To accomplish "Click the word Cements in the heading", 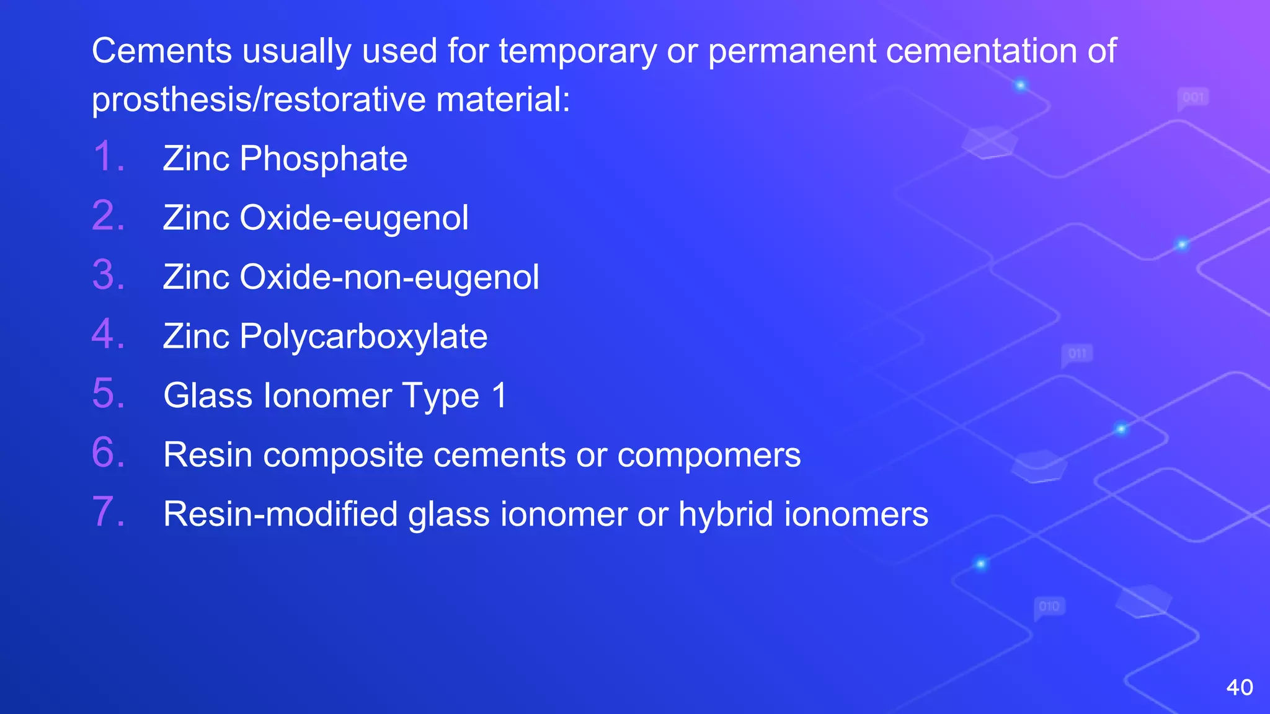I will tap(162, 51).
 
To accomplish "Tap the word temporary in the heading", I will tap(577, 52).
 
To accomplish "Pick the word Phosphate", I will tap(323, 159).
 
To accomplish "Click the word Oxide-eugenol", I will tap(354, 219).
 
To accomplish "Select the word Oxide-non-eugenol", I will tap(389, 277).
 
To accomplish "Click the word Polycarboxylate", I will tap(363, 337).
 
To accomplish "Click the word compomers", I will tap(709, 456).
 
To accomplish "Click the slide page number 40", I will tap(1240, 687).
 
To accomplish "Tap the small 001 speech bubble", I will tap(1193, 98).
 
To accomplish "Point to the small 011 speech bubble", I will tap(1077, 354).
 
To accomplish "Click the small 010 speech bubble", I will tap(1049, 606).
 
